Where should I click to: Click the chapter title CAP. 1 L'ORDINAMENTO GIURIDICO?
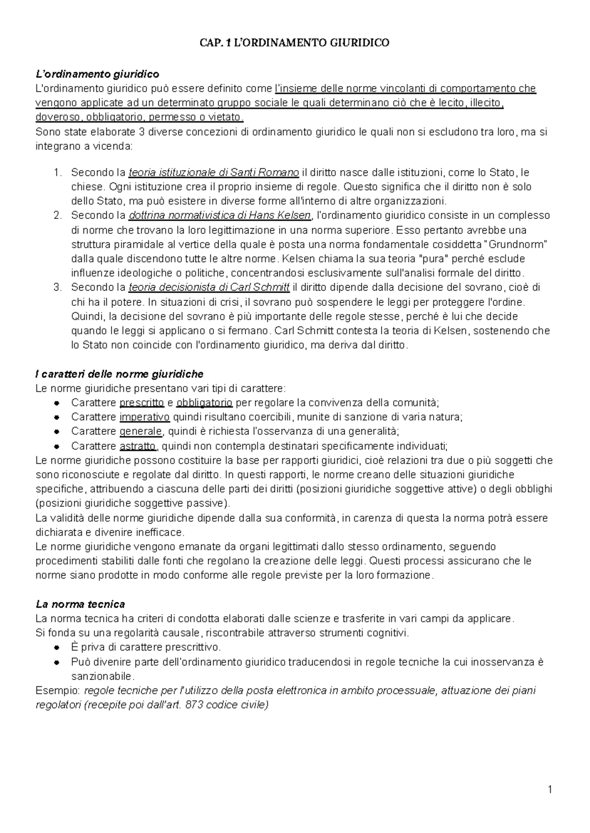[x=295, y=43]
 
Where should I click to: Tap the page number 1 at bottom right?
[x=550, y=790]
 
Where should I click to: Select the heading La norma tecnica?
[x=80, y=604]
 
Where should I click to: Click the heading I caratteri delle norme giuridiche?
[x=119, y=374]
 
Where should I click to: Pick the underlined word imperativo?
[x=145, y=417]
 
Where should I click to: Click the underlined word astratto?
[x=138, y=446]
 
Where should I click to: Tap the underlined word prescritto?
[x=142, y=403]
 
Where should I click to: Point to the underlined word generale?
[x=141, y=432]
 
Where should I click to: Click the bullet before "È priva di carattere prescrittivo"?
[x=57, y=648]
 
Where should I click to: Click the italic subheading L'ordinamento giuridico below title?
[x=97, y=74]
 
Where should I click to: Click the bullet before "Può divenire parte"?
[x=57, y=662]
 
